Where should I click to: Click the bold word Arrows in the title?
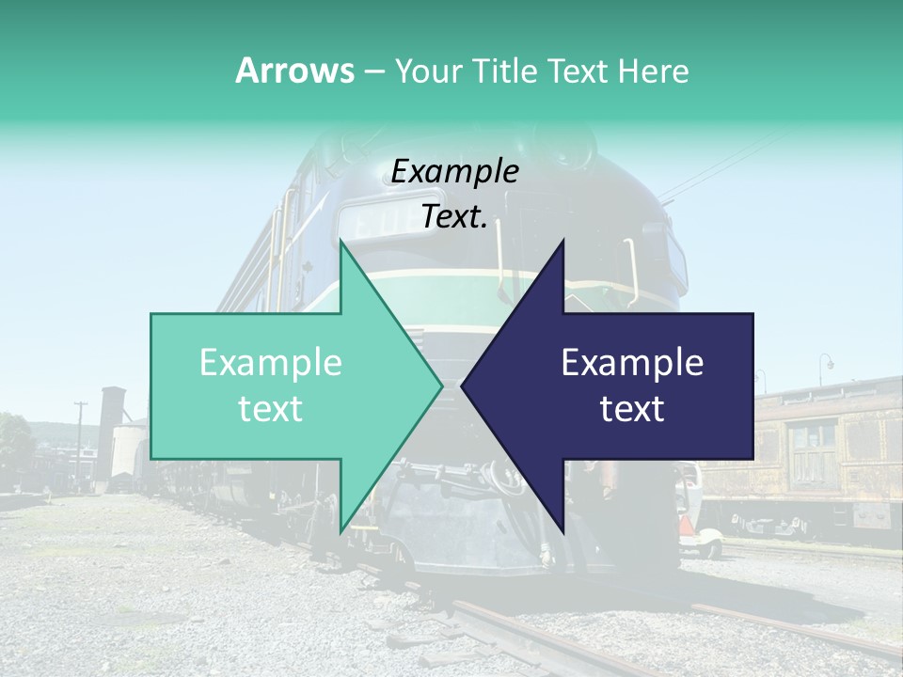point(293,71)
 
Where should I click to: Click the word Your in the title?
point(428,71)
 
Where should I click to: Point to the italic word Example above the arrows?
point(454,171)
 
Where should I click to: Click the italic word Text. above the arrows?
point(454,216)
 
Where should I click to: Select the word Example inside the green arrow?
point(270,363)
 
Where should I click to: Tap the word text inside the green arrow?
point(270,409)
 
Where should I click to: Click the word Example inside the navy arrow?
point(632,363)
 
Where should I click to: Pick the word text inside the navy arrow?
point(632,409)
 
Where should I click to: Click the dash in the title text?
point(373,72)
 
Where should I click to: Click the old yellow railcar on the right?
point(818,451)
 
